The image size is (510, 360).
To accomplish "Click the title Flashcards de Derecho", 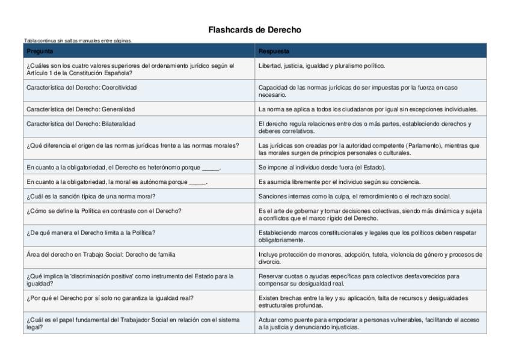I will tap(254, 29).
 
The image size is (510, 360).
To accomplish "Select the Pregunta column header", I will tap(40, 52).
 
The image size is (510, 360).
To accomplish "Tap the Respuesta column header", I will tap(274, 52).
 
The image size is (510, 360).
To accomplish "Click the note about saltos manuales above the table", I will tap(78, 41).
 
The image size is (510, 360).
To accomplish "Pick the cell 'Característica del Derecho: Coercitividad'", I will tap(82, 88).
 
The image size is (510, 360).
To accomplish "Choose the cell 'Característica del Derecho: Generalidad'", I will tap(81, 109).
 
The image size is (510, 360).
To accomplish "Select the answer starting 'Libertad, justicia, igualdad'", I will tap(322, 66).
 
